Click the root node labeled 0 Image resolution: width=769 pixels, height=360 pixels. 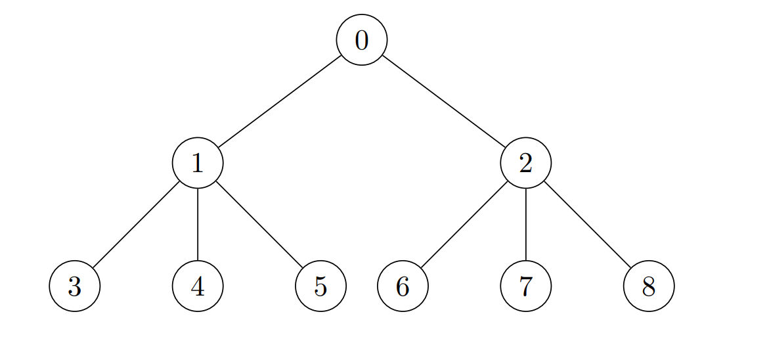tap(362, 39)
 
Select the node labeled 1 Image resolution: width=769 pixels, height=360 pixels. tap(198, 163)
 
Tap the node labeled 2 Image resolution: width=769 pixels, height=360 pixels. tap(526, 163)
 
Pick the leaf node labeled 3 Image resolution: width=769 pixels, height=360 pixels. tap(75, 286)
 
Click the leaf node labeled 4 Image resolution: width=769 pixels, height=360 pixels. tap(198, 286)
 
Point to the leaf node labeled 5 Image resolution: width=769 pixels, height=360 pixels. tap(320, 286)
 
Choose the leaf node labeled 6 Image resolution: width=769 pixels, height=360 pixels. tap(403, 286)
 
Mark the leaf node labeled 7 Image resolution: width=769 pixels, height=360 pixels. tap(526, 286)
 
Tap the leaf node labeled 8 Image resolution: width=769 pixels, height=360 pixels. tap(649, 286)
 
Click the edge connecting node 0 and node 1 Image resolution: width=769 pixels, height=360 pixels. tap(280, 102)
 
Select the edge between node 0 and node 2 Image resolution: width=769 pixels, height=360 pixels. tap(444, 102)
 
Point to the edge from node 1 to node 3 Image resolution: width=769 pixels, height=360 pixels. tap(137, 225)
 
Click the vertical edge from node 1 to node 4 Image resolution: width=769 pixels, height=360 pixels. tap(198, 225)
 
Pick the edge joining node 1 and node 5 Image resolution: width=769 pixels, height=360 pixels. tap(259, 225)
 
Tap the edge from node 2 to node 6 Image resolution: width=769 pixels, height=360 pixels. tap(464, 225)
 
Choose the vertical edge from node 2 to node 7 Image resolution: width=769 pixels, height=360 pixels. tap(526, 225)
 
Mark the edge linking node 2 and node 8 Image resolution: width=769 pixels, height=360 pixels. tap(587, 225)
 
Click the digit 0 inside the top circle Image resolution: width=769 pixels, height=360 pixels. tap(362, 40)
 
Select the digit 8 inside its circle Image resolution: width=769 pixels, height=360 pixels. tap(649, 286)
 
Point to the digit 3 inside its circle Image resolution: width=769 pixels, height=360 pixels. tap(75, 286)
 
